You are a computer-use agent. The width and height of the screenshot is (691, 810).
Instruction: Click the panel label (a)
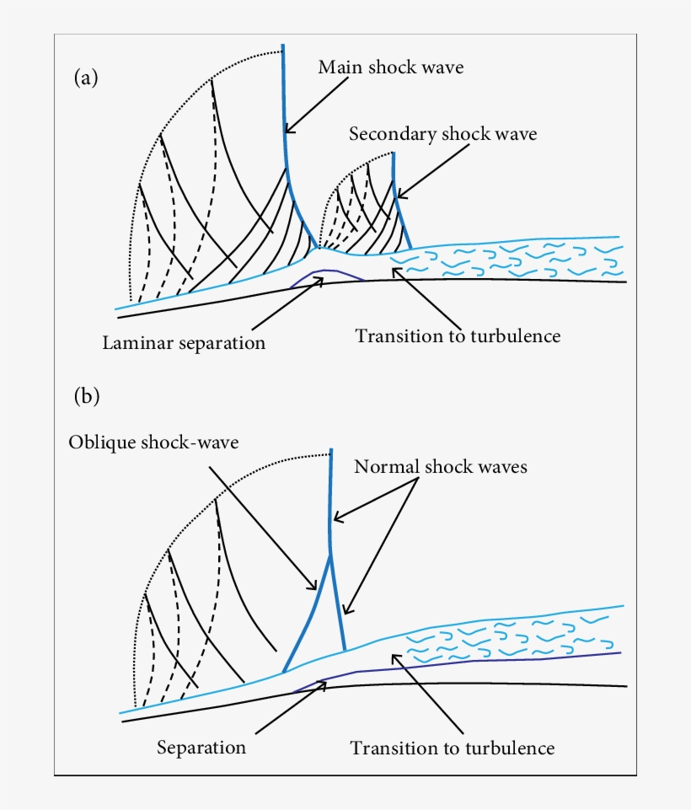[x=86, y=78]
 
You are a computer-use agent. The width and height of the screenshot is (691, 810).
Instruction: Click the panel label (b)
[x=87, y=396]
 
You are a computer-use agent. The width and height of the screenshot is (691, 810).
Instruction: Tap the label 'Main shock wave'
[x=390, y=67]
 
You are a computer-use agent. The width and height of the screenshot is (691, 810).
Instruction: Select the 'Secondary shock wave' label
[x=442, y=133]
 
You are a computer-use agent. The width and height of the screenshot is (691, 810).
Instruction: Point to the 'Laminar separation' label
[x=184, y=343]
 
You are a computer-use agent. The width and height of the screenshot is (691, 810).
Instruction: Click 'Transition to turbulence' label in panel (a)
[x=458, y=335]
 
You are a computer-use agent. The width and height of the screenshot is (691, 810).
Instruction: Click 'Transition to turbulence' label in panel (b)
[x=453, y=748]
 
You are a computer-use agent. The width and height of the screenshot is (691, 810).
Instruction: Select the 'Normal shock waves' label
[x=441, y=466]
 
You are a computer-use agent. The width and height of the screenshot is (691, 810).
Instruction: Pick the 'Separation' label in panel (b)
[x=201, y=747]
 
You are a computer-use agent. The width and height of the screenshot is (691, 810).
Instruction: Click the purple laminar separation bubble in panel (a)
[x=324, y=273]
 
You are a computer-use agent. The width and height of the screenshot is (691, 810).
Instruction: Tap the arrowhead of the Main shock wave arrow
[x=287, y=131]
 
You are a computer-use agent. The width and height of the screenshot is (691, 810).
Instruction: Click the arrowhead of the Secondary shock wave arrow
[x=398, y=196]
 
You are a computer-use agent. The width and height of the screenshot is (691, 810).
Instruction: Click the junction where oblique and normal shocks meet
[x=329, y=551]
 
